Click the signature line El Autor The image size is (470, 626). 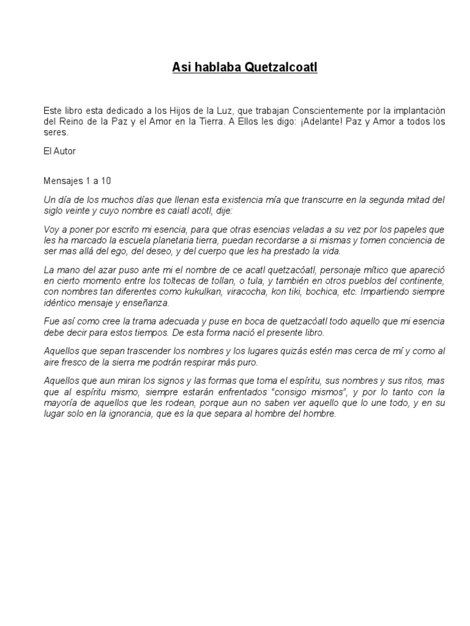[59, 150]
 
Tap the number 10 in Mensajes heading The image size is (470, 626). [107, 182]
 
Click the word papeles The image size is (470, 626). [412, 229]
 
